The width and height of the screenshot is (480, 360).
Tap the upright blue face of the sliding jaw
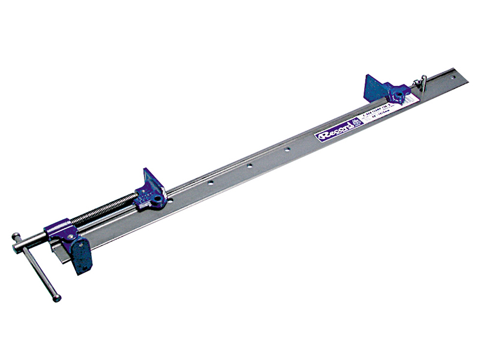pos(151,182)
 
